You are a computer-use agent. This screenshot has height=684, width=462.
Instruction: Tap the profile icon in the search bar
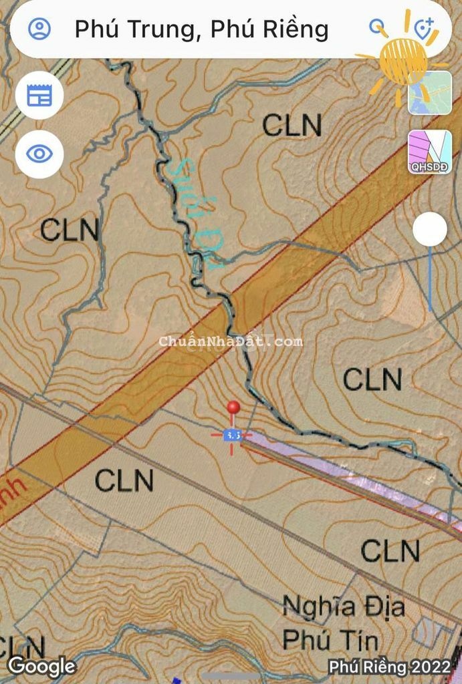(x=39, y=29)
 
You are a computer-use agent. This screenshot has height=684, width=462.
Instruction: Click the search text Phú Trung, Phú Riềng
(x=201, y=29)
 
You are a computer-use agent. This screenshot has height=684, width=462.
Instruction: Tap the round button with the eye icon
(x=39, y=154)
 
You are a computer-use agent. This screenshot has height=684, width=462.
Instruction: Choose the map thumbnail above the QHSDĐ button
(x=430, y=92)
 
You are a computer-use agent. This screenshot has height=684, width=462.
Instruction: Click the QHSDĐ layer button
(x=430, y=152)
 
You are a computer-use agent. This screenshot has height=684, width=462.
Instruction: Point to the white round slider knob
(x=429, y=230)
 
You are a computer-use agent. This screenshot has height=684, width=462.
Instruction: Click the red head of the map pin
(x=233, y=407)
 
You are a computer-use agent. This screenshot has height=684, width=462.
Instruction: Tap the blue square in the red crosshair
(x=232, y=435)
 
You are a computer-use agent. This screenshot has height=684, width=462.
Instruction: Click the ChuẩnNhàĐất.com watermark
(x=231, y=341)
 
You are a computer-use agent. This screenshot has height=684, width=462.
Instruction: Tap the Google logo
(x=41, y=665)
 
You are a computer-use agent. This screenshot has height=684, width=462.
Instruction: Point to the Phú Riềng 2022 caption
(x=390, y=667)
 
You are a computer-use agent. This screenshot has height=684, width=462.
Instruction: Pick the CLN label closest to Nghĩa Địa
(x=390, y=551)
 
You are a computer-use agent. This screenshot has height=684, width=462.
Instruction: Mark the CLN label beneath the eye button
(x=70, y=230)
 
